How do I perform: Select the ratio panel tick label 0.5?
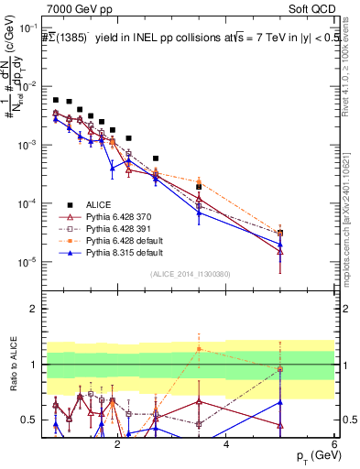(x=30, y=420)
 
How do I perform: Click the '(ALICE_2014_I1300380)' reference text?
(x=190, y=274)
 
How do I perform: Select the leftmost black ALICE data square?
(x=56, y=100)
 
